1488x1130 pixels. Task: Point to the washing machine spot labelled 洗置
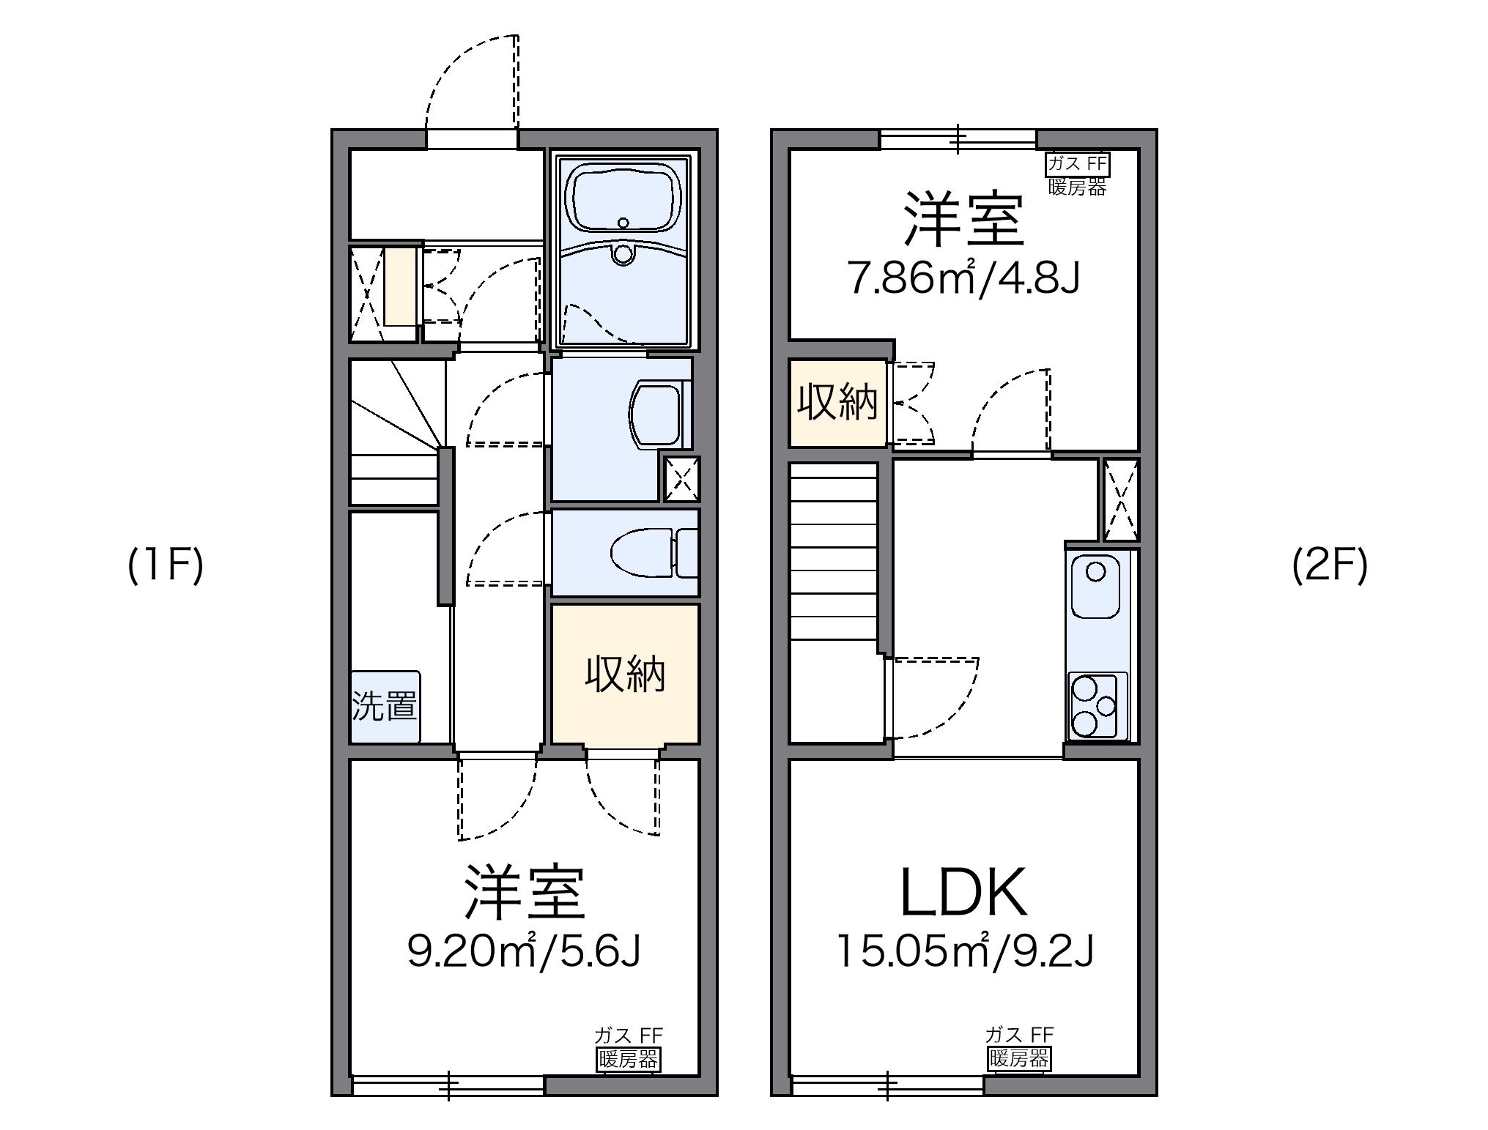385,706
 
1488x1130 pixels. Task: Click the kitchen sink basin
1095,587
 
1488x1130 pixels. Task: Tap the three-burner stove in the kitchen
1096,705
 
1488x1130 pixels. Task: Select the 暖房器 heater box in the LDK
1019,1058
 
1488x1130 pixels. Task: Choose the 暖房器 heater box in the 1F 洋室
628,1059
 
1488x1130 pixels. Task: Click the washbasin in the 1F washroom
659,414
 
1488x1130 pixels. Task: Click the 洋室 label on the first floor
525,893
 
